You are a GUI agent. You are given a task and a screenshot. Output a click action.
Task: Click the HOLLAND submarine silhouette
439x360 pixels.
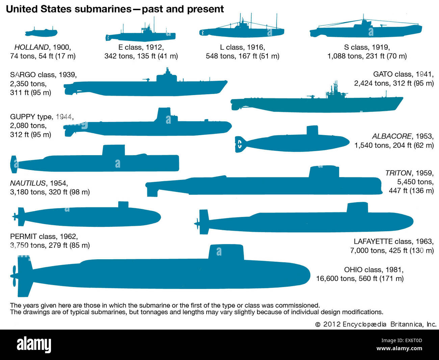coord(41,33)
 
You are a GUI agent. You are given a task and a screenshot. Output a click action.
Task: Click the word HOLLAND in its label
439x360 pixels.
coord(31,47)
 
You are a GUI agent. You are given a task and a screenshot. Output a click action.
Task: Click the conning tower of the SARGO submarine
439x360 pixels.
coord(166,76)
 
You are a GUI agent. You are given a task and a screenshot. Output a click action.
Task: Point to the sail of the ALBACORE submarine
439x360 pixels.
coord(312,131)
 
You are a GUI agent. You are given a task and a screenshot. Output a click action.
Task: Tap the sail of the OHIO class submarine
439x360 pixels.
coord(226,252)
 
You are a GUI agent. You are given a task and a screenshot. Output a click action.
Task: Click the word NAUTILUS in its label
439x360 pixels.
coord(28,183)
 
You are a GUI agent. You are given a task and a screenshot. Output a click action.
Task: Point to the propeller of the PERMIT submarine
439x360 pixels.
coord(15,216)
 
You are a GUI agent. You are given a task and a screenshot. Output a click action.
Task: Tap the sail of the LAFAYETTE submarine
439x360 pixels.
coord(357,208)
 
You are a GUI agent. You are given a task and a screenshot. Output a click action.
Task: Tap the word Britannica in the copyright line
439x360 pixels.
coord(406,324)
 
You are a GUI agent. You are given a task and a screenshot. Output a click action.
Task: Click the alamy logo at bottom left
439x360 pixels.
coord(34,344)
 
